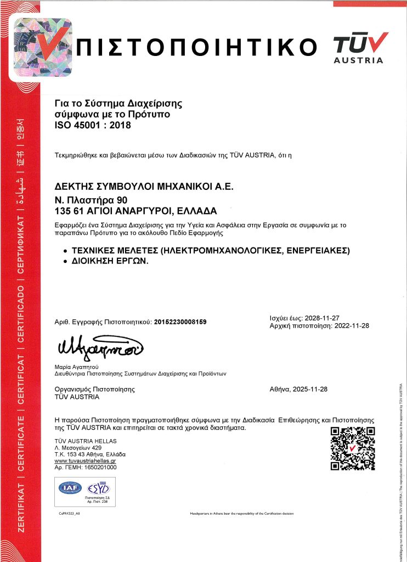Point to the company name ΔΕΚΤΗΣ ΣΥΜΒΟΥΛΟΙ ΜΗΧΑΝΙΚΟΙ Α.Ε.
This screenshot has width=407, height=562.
point(144,187)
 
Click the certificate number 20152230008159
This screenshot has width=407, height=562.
point(180,322)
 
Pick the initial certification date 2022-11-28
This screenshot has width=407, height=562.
point(351,325)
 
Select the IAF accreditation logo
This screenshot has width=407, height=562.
point(71,487)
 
